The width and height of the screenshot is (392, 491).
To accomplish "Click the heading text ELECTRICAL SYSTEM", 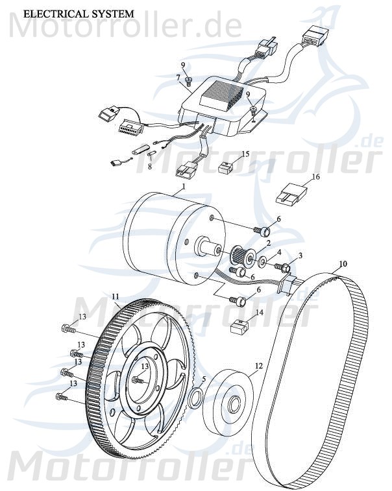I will coord(79,13).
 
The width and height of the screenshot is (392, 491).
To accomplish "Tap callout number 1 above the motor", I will coord(184,186).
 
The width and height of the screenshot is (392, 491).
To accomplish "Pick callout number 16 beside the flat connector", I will coord(315,176).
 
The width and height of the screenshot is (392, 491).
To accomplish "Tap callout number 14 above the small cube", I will coord(259,312).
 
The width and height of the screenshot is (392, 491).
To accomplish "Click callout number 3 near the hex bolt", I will coord(300,257).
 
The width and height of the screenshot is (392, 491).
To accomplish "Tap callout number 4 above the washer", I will coord(279,252).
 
